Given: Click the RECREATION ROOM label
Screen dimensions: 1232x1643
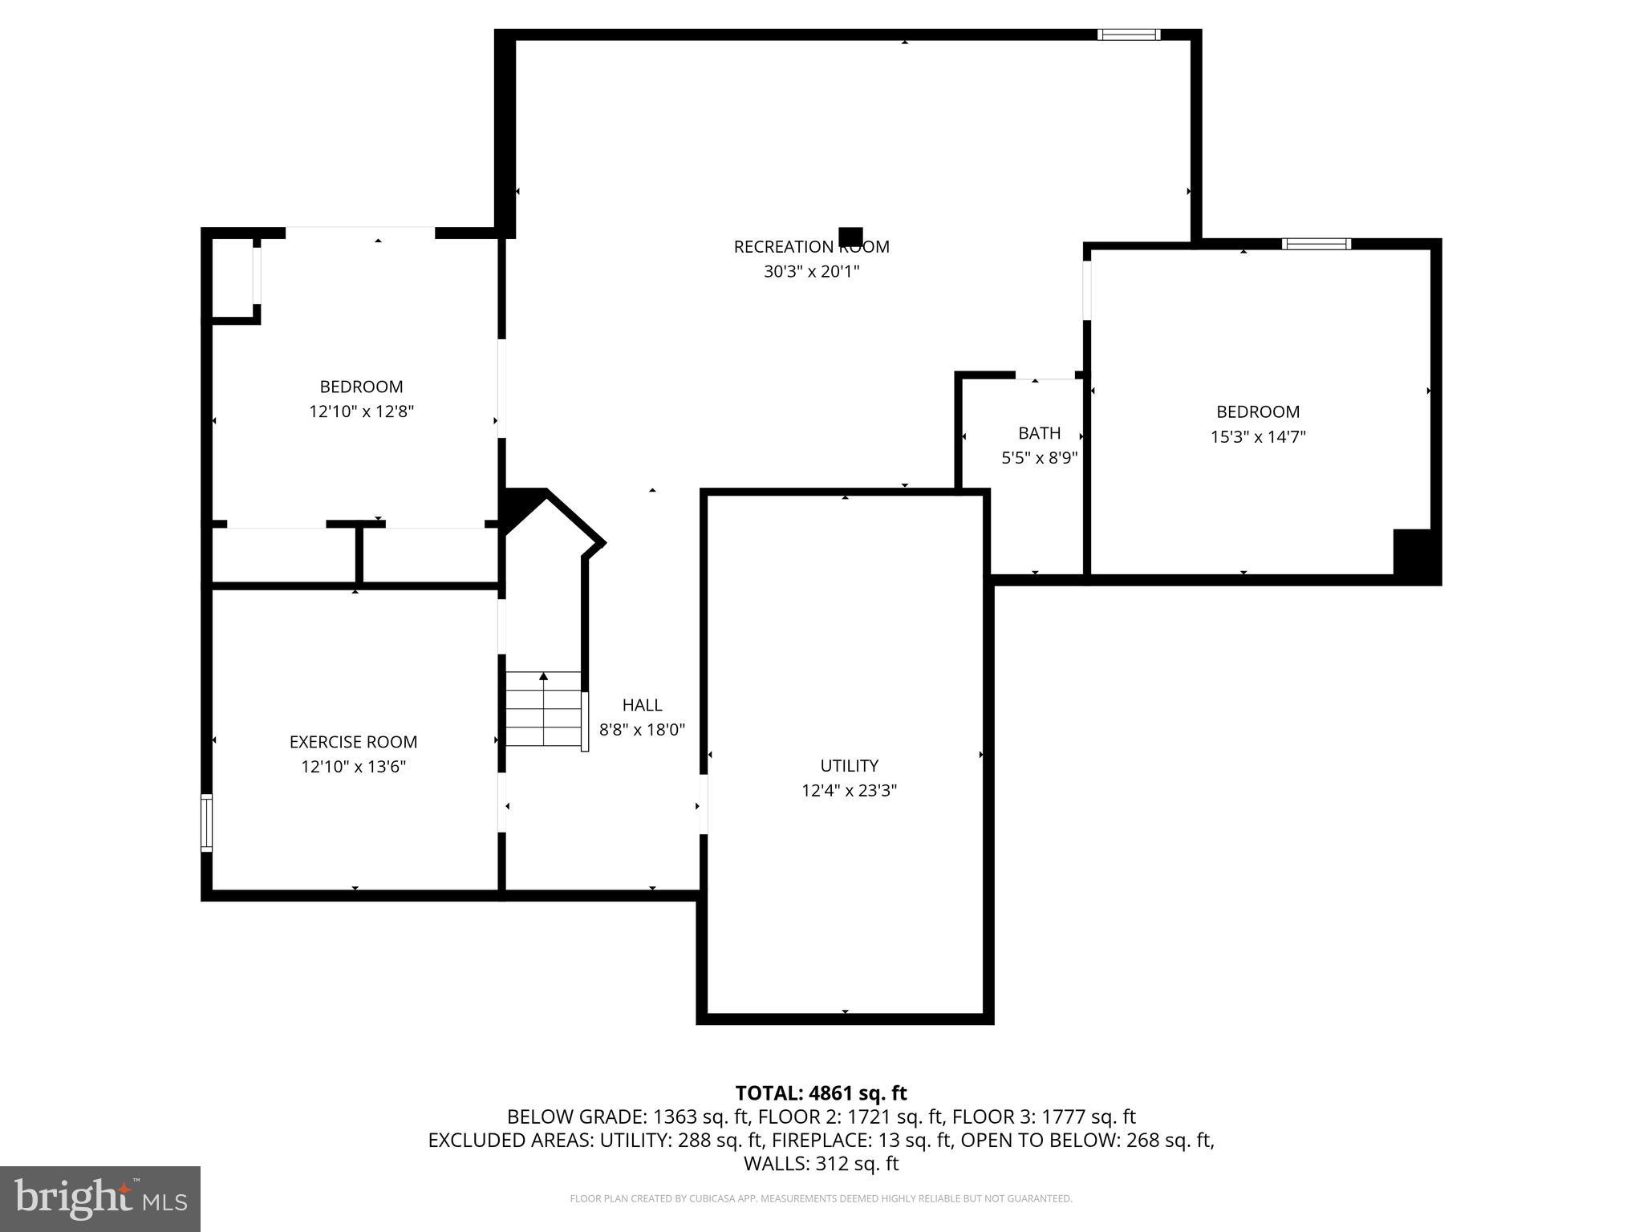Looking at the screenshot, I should [811, 247].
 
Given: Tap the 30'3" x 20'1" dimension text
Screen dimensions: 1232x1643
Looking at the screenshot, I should [811, 272].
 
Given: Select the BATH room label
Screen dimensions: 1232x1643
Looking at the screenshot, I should [1039, 433].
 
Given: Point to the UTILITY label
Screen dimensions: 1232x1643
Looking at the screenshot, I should [849, 765].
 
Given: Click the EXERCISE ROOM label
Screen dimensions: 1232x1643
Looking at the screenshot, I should [353, 742].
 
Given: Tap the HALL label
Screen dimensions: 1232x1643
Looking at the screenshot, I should [642, 705].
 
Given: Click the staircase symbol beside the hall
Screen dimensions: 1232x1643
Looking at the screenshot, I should [543, 709].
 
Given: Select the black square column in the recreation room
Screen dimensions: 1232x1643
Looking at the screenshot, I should [850, 237].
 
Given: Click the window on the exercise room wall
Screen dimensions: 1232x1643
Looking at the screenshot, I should [206, 822].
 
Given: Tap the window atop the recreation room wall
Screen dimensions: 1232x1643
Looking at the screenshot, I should [1128, 34].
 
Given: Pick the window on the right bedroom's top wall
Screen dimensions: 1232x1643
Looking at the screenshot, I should [1316, 244].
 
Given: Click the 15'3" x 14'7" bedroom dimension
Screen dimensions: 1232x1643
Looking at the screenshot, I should [1258, 437].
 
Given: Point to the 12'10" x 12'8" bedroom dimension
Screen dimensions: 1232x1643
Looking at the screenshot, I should [361, 411].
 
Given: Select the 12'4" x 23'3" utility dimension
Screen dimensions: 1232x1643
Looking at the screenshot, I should [849, 791].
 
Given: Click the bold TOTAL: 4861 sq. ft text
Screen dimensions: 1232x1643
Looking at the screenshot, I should [821, 1093].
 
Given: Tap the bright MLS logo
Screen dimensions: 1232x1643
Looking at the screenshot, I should [100, 1198].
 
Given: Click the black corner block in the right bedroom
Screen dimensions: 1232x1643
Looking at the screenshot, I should [1414, 553].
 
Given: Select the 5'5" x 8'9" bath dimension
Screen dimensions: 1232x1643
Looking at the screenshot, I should [1039, 458].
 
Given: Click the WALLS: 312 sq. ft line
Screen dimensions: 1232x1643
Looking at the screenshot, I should [821, 1164].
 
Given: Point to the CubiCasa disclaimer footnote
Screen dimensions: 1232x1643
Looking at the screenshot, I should [821, 1199].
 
